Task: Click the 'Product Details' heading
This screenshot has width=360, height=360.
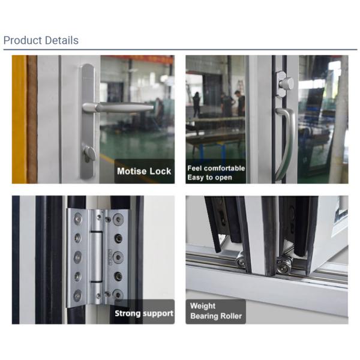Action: coord(41,41)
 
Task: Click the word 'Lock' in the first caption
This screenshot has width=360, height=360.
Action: coord(161,172)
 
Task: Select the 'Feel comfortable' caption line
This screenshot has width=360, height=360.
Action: coord(215,168)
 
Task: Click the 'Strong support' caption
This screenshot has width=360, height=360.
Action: coord(144,313)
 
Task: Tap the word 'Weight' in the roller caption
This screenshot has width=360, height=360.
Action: coord(203,305)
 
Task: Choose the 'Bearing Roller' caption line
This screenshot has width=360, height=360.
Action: coord(215,316)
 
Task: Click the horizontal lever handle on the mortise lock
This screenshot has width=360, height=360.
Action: coord(120,107)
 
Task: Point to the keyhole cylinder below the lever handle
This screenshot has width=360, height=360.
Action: coord(89,154)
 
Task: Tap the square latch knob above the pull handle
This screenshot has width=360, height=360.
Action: coord(285,84)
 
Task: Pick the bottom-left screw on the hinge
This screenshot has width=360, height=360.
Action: coord(77,295)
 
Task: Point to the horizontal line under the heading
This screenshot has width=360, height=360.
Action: coord(180,50)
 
